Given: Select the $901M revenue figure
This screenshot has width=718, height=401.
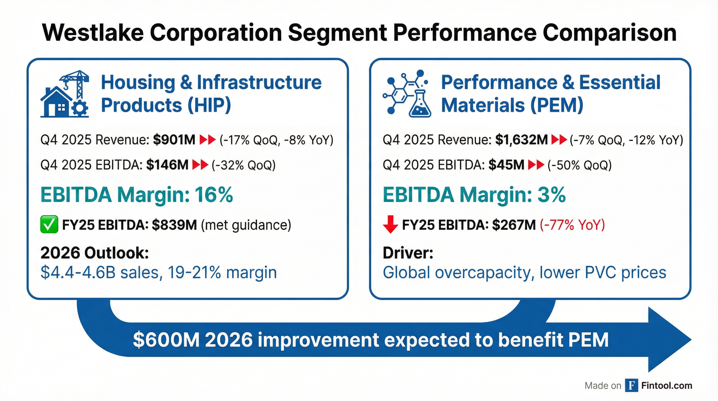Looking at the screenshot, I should coord(174,140).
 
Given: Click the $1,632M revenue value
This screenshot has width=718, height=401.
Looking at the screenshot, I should coord(521,140).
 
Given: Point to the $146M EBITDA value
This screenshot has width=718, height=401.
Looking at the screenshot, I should coord(167,165).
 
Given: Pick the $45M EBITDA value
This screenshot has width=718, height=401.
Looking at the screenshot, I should coord(506,165).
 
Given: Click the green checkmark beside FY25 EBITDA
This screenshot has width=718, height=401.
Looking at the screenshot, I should coord(49,224).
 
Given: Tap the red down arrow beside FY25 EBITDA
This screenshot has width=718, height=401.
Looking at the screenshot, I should coord(391,224).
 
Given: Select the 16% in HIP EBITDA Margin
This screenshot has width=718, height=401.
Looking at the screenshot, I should coord(213,194).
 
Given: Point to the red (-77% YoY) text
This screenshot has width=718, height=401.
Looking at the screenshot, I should coord(572,225).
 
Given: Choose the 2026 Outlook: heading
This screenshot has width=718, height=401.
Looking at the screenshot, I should coord(94,253).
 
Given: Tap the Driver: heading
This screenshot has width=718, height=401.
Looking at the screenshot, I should coord(408,253).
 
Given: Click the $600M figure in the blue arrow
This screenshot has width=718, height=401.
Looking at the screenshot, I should coord(166,340).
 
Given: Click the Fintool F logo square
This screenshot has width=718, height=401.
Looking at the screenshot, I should coord(632,385).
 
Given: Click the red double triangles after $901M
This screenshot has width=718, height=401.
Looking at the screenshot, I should coord(208,140).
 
